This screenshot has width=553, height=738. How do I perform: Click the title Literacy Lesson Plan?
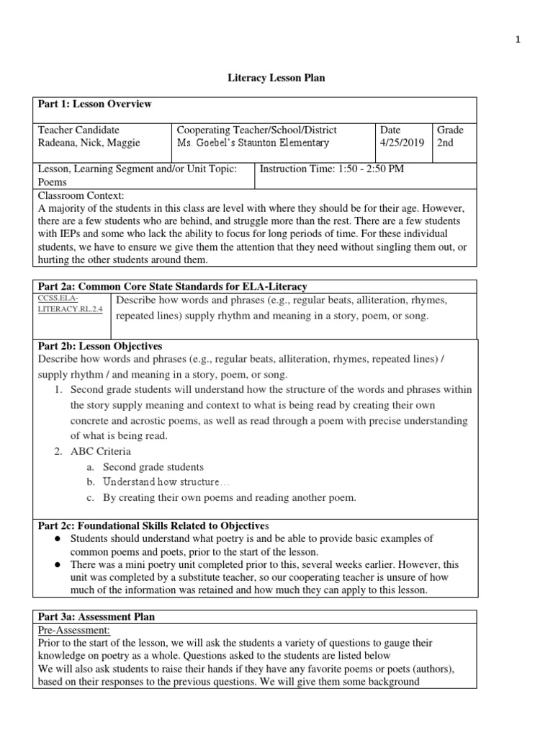[x=276, y=78]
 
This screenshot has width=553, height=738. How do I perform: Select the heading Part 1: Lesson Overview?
[x=94, y=105]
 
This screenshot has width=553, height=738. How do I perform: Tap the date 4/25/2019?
[x=403, y=143]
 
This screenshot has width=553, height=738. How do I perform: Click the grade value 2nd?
[x=446, y=143]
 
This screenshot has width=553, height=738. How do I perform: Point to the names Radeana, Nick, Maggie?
[x=89, y=143]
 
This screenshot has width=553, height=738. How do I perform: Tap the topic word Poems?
[x=51, y=182]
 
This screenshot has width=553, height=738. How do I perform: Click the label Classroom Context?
[x=81, y=195]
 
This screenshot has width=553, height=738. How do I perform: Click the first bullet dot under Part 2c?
[x=56, y=539]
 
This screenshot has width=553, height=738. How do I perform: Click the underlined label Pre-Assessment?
[x=71, y=629]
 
